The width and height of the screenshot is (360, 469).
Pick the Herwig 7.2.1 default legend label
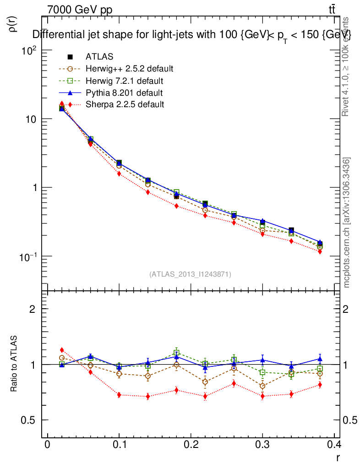[x=124, y=81]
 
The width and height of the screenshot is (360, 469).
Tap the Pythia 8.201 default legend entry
[x=124, y=93]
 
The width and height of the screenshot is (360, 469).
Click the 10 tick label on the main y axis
[x=29, y=119]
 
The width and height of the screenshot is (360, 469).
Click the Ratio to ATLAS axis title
[x=14, y=364]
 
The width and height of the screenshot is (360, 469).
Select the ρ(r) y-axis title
[x=13, y=24]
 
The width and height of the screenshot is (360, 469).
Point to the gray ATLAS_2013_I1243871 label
[x=190, y=274]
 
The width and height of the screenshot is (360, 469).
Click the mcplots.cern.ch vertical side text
[x=347, y=223]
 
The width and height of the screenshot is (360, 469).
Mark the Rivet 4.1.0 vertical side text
[x=347, y=66]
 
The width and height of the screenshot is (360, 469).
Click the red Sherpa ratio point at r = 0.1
[x=119, y=395]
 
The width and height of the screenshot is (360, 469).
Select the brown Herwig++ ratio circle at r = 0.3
[x=262, y=386]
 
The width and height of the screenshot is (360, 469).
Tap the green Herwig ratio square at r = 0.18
[x=176, y=353]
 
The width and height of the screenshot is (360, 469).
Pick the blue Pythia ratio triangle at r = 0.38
[x=320, y=359]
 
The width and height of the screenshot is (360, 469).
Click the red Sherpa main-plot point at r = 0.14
[x=148, y=192]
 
